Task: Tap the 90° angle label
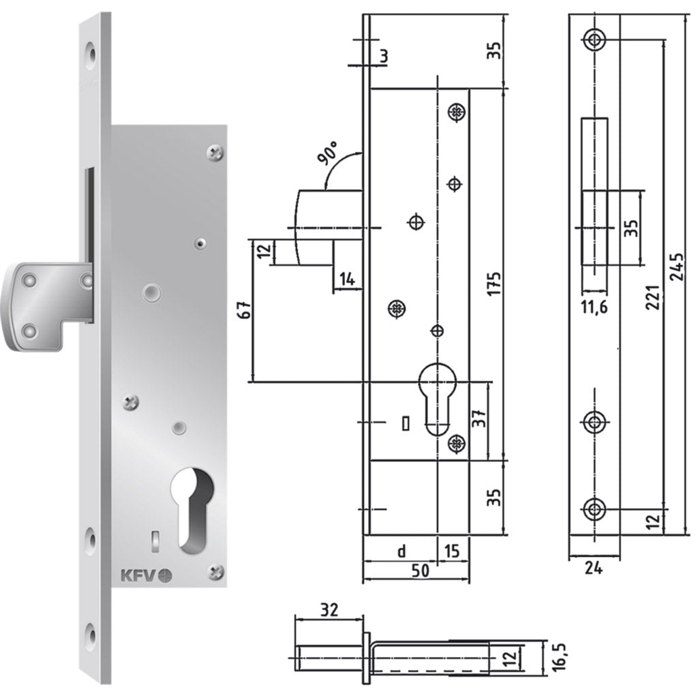coord(329,155)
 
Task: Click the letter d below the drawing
coord(401,550)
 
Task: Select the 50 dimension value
coord(421,571)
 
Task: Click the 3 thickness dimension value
coord(384,56)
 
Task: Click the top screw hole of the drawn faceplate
coord(595,39)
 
